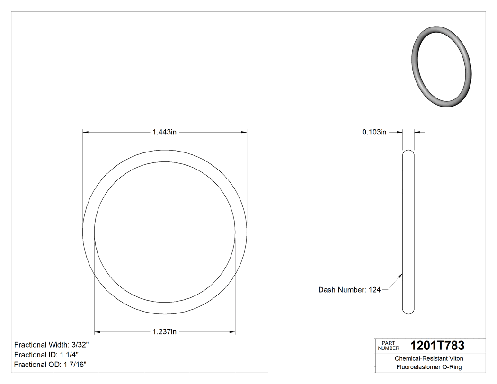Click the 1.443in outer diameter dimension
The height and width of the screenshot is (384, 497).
pos(164,133)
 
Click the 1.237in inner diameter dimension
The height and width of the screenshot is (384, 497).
pos(164,332)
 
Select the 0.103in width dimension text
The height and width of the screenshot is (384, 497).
pos(374,133)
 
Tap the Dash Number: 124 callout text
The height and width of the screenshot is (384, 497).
pos(349,290)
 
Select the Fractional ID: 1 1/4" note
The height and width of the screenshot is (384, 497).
pos(46,355)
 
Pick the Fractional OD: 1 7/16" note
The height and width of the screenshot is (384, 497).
pos(50,364)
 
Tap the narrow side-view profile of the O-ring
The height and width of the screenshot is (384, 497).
pos(408,232)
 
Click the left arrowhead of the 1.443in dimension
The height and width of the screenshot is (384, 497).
pos(86,133)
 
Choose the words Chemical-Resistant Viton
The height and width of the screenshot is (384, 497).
pos(429,359)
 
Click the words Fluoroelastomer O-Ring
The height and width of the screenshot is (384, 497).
pos(429,367)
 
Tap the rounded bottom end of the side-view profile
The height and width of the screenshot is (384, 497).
pos(408,311)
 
